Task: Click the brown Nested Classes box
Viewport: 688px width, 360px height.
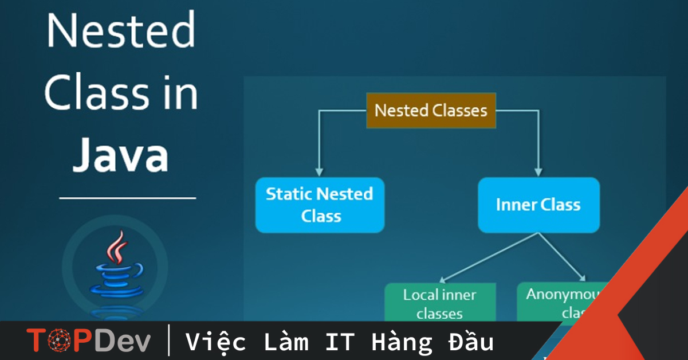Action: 431,110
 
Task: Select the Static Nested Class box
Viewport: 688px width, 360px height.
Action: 320,205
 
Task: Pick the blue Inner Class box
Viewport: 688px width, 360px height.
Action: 538,205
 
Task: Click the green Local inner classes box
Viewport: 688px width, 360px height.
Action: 440,303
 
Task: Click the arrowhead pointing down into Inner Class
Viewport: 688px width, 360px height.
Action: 538,171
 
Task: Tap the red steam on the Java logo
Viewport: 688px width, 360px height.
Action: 119,247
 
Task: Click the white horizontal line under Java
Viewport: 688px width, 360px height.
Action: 127,198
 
